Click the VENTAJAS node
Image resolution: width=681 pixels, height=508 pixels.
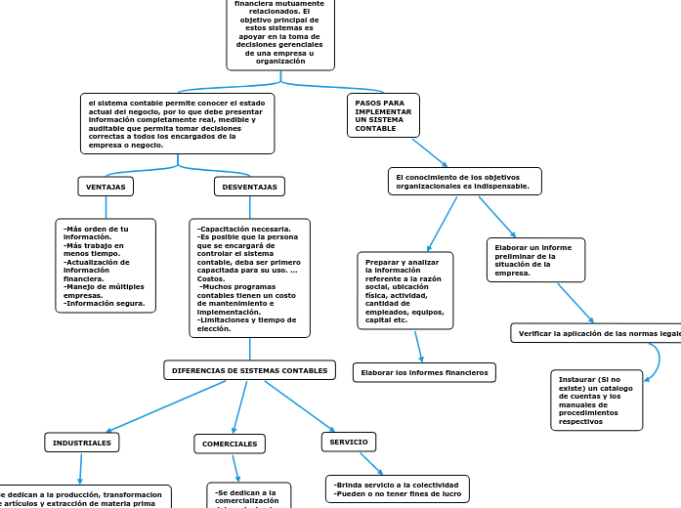[106, 186]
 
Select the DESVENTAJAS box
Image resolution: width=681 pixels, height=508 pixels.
[249, 186]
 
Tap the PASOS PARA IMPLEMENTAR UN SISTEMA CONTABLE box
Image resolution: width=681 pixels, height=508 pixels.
[383, 115]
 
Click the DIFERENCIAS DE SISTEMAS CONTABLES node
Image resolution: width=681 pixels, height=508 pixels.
[249, 371]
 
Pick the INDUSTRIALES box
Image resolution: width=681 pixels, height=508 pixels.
[82, 443]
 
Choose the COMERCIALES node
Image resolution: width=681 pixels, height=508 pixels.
[230, 444]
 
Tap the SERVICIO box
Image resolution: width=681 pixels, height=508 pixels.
[349, 443]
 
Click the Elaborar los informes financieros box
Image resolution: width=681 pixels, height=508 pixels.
[424, 372]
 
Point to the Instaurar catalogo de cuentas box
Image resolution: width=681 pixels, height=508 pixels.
[596, 399]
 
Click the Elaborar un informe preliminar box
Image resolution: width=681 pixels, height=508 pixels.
[535, 260]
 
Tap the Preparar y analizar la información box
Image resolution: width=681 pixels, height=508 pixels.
[405, 290]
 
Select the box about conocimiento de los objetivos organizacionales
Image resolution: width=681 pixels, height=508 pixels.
[464, 181]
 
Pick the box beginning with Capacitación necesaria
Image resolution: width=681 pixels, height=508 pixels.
[249, 277]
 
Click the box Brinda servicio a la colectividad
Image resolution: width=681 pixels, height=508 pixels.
[397, 488]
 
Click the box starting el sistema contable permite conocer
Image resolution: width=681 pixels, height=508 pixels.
[177, 123]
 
